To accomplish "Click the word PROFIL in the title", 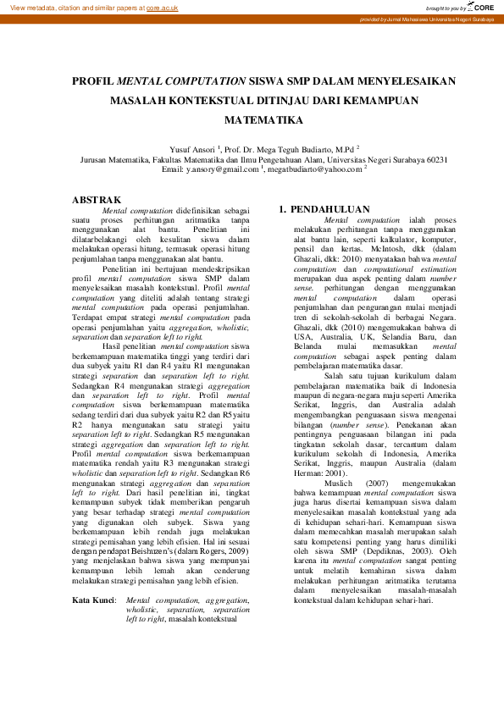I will pos(93,82).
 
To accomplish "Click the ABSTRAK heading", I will pos(97,200).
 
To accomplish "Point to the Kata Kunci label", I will pos(93,600).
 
